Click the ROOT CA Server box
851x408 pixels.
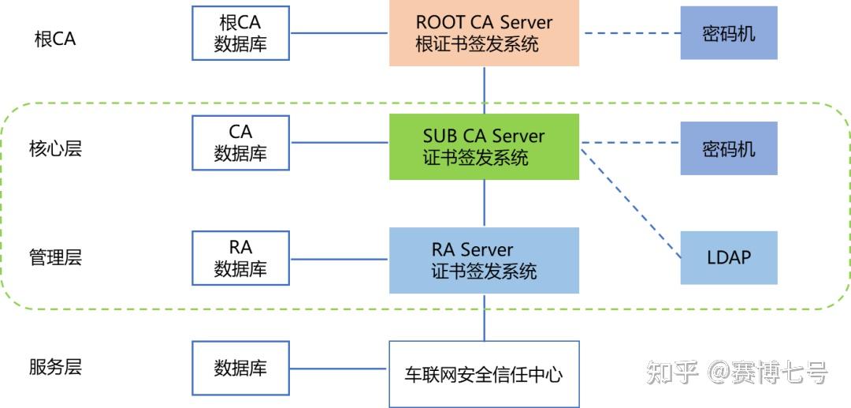click(484, 33)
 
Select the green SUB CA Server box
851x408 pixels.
click(484, 147)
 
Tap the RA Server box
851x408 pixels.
click(484, 261)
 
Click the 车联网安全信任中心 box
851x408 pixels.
click(484, 373)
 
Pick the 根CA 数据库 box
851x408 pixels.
click(240, 33)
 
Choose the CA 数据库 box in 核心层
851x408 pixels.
click(240, 143)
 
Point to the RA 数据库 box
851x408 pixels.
click(240, 258)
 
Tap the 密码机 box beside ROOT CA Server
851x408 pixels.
click(729, 33)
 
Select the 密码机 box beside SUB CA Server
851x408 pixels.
click(729, 148)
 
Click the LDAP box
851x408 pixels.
click(729, 257)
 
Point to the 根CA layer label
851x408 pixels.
click(55, 39)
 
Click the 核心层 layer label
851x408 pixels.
click(55, 149)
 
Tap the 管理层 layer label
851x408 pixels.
click(55, 257)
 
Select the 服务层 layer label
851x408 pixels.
click(55, 367)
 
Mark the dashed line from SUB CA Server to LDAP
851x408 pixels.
click(630, 201)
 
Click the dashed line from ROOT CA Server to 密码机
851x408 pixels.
click(630, 33)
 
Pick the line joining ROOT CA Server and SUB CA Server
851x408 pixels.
click(484, 90)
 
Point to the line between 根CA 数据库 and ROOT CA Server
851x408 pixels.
click(339, 33)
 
